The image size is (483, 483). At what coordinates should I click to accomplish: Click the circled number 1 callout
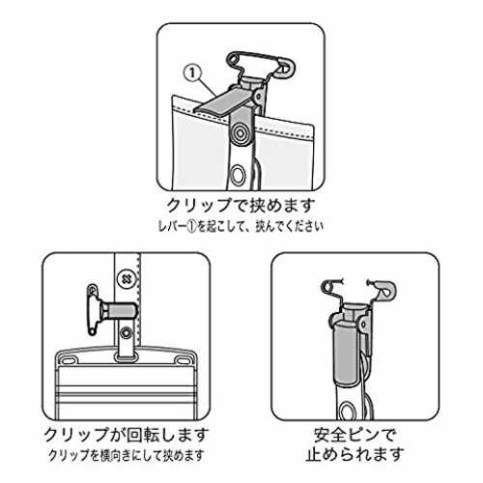coord(192,73)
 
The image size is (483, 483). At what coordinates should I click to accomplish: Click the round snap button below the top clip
coord(240,132)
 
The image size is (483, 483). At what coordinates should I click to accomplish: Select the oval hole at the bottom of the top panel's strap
coord(239,174)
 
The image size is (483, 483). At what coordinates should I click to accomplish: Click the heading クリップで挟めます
coord(241,205)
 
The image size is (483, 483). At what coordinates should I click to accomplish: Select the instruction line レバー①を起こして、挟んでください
coord(241,226)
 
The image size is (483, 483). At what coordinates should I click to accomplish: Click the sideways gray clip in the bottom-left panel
coord(119,311)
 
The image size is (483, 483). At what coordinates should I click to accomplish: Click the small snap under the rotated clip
coord(126,333)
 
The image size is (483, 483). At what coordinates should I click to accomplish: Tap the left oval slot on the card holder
coord(69,359)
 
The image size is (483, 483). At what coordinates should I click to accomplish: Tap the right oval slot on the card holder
coord(183,359)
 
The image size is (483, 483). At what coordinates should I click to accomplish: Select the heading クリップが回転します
coord(126,435)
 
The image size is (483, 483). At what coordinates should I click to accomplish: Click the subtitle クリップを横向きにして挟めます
coord(127,455)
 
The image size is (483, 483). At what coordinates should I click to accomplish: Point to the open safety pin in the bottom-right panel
coord(358,291)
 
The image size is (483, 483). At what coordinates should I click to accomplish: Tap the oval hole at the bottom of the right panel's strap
coord(347,412)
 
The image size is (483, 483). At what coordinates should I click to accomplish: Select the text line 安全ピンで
coord(355,435)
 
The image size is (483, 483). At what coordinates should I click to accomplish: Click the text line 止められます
coord(355,455)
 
